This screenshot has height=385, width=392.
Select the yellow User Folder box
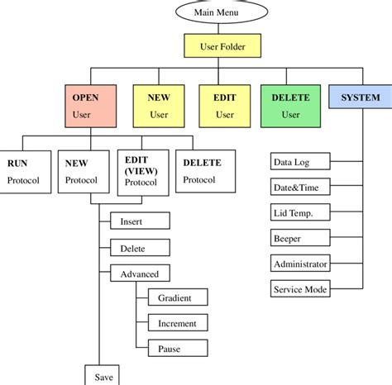222,46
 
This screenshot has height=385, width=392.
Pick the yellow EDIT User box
226,107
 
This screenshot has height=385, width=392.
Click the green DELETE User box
290,107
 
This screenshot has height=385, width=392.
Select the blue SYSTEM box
360,98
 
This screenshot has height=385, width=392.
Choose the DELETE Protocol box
204,171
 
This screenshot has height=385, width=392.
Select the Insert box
140,221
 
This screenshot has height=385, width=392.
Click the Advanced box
140,273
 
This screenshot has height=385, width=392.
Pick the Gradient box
176,297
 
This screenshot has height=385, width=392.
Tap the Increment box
176,323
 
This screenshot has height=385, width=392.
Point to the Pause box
176,349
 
